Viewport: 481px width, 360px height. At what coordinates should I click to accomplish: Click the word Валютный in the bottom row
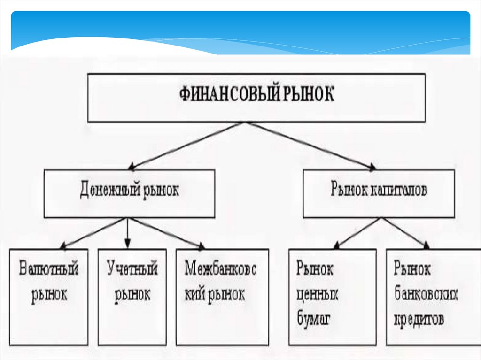[x=49, y=269]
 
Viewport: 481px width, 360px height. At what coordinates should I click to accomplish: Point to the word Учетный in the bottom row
[x=132, y=269]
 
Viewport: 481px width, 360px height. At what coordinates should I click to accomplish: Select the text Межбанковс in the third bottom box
[x=220, y=269]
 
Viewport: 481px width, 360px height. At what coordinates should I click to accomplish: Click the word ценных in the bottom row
[x=317, y=294]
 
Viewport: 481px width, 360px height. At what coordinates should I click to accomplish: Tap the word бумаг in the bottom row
[x=314, y=320]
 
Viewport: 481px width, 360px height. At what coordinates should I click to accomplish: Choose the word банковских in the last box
[x=426, y=295]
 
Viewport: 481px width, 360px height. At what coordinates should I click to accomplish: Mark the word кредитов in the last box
[x=419, y=320]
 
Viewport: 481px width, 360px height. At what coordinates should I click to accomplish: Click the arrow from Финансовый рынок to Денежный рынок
[x=186, y=146]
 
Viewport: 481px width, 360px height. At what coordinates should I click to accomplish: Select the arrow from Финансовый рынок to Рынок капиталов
[x=310, y=146]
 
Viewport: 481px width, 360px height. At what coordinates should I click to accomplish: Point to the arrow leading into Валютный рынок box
[x=92, y=233]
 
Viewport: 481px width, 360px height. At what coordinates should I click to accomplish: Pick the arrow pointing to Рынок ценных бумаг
[x=357, y=233]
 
